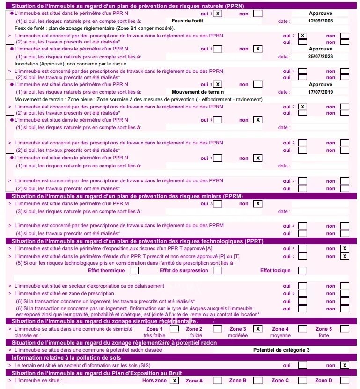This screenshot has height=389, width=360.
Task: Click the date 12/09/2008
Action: (320, 22)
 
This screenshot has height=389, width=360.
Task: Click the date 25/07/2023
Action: (320, 57)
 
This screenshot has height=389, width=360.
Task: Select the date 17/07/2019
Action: (320, 92)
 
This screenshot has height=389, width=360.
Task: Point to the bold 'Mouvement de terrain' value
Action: (198, 92)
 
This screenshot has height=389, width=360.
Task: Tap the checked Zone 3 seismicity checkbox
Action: (257, 329)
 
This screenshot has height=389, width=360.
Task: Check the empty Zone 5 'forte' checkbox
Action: (345, 329)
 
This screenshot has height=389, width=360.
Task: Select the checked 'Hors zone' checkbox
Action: (174, 381)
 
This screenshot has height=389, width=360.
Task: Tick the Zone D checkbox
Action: (345, 381)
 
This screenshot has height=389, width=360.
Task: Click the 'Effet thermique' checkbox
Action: (134, 270)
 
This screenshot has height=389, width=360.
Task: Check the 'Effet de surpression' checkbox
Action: (217, 270)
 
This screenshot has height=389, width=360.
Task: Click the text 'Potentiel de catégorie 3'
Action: (281, 350)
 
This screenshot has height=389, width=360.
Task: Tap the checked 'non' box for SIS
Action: (345, 365)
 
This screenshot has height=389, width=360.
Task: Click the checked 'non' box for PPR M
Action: (257, 204)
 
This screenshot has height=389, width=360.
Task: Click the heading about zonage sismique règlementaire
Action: (103, 322)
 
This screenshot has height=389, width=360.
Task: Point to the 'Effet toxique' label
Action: (275, 270)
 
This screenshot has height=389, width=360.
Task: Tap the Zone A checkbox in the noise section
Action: (217, 381)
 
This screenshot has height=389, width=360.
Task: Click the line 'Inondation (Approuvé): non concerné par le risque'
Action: (71, 64)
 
